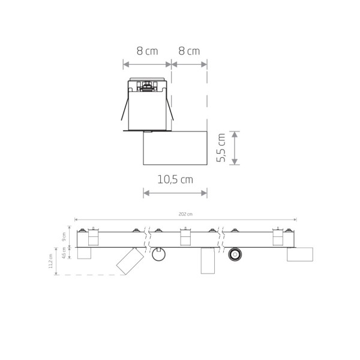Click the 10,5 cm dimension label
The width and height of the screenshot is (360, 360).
175,179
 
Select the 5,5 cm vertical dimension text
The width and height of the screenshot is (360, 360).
221,148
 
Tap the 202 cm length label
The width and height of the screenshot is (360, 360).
185,214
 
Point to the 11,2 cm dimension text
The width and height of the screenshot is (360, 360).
51,261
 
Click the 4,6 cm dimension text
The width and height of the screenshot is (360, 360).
64,253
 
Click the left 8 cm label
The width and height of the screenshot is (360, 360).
148,51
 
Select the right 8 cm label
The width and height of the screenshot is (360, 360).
189,51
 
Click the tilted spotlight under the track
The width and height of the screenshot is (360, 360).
130,261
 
